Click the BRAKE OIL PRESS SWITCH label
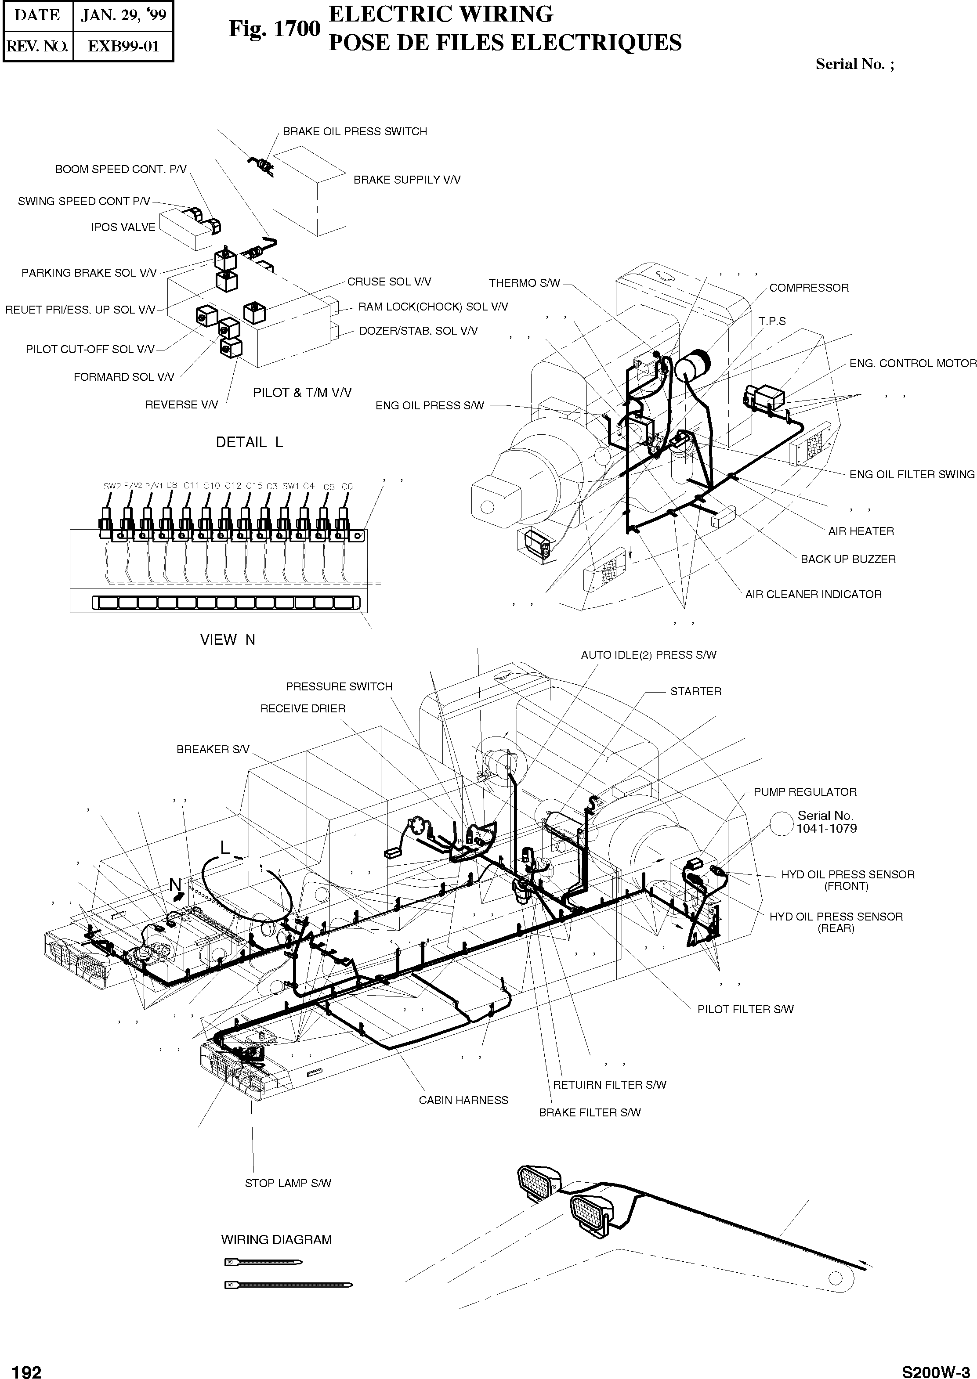[355, 132]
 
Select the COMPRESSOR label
[809, 288]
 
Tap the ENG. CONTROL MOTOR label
[912, 364]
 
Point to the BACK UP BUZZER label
[848, 560]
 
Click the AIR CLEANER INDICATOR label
[814, 595]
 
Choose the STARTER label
[695, 692]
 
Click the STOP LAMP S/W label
[288, 1184]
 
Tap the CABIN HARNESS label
[463, 1101]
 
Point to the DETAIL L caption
[249, 443]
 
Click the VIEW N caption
[228, 640]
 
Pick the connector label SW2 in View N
[112, 486]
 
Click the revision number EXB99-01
[123, 46]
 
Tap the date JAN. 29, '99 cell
[123, 15]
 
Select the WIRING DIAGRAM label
[276, 1240]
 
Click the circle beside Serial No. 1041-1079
[782, 823]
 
